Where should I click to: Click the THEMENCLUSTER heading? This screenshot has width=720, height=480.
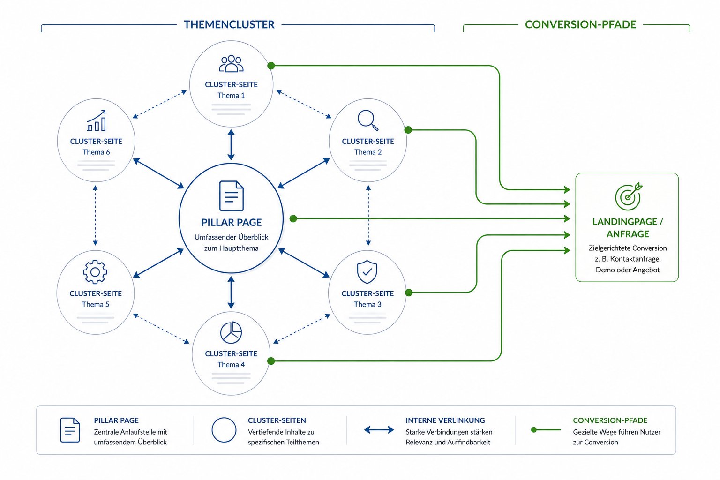point(229,24)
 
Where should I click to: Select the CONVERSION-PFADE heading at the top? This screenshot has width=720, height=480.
point(580,24)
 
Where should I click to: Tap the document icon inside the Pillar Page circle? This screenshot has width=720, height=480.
point(232,196)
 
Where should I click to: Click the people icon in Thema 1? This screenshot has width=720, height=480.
point(232,64)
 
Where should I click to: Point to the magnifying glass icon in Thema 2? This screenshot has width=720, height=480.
point(368,120)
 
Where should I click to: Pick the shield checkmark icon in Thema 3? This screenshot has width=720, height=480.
point(367,272)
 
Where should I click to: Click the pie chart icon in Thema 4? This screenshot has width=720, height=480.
point(231,332)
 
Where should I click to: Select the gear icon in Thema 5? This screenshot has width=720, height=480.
point(95,272)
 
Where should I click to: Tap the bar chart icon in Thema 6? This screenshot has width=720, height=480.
point(96,121)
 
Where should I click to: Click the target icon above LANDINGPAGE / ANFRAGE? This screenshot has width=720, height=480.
point(628,196)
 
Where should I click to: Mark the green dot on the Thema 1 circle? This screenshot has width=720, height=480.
point(271,66)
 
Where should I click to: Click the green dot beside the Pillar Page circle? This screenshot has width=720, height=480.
point(293,218)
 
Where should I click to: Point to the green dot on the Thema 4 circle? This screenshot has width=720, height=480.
point(270,361)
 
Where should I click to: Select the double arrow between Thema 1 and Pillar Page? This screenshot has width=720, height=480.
point(231,145)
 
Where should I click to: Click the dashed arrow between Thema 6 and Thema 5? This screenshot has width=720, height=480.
point(95,216)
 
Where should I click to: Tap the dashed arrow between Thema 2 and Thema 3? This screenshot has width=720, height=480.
point(368,216)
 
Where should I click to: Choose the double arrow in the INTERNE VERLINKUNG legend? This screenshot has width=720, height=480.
point(379,430)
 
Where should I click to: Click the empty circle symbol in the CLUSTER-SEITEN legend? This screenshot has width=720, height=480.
point(224,430)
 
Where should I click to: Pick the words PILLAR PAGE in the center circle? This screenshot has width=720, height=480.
point(232,222)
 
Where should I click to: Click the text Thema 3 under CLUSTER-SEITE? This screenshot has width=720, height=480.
point(367,304)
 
